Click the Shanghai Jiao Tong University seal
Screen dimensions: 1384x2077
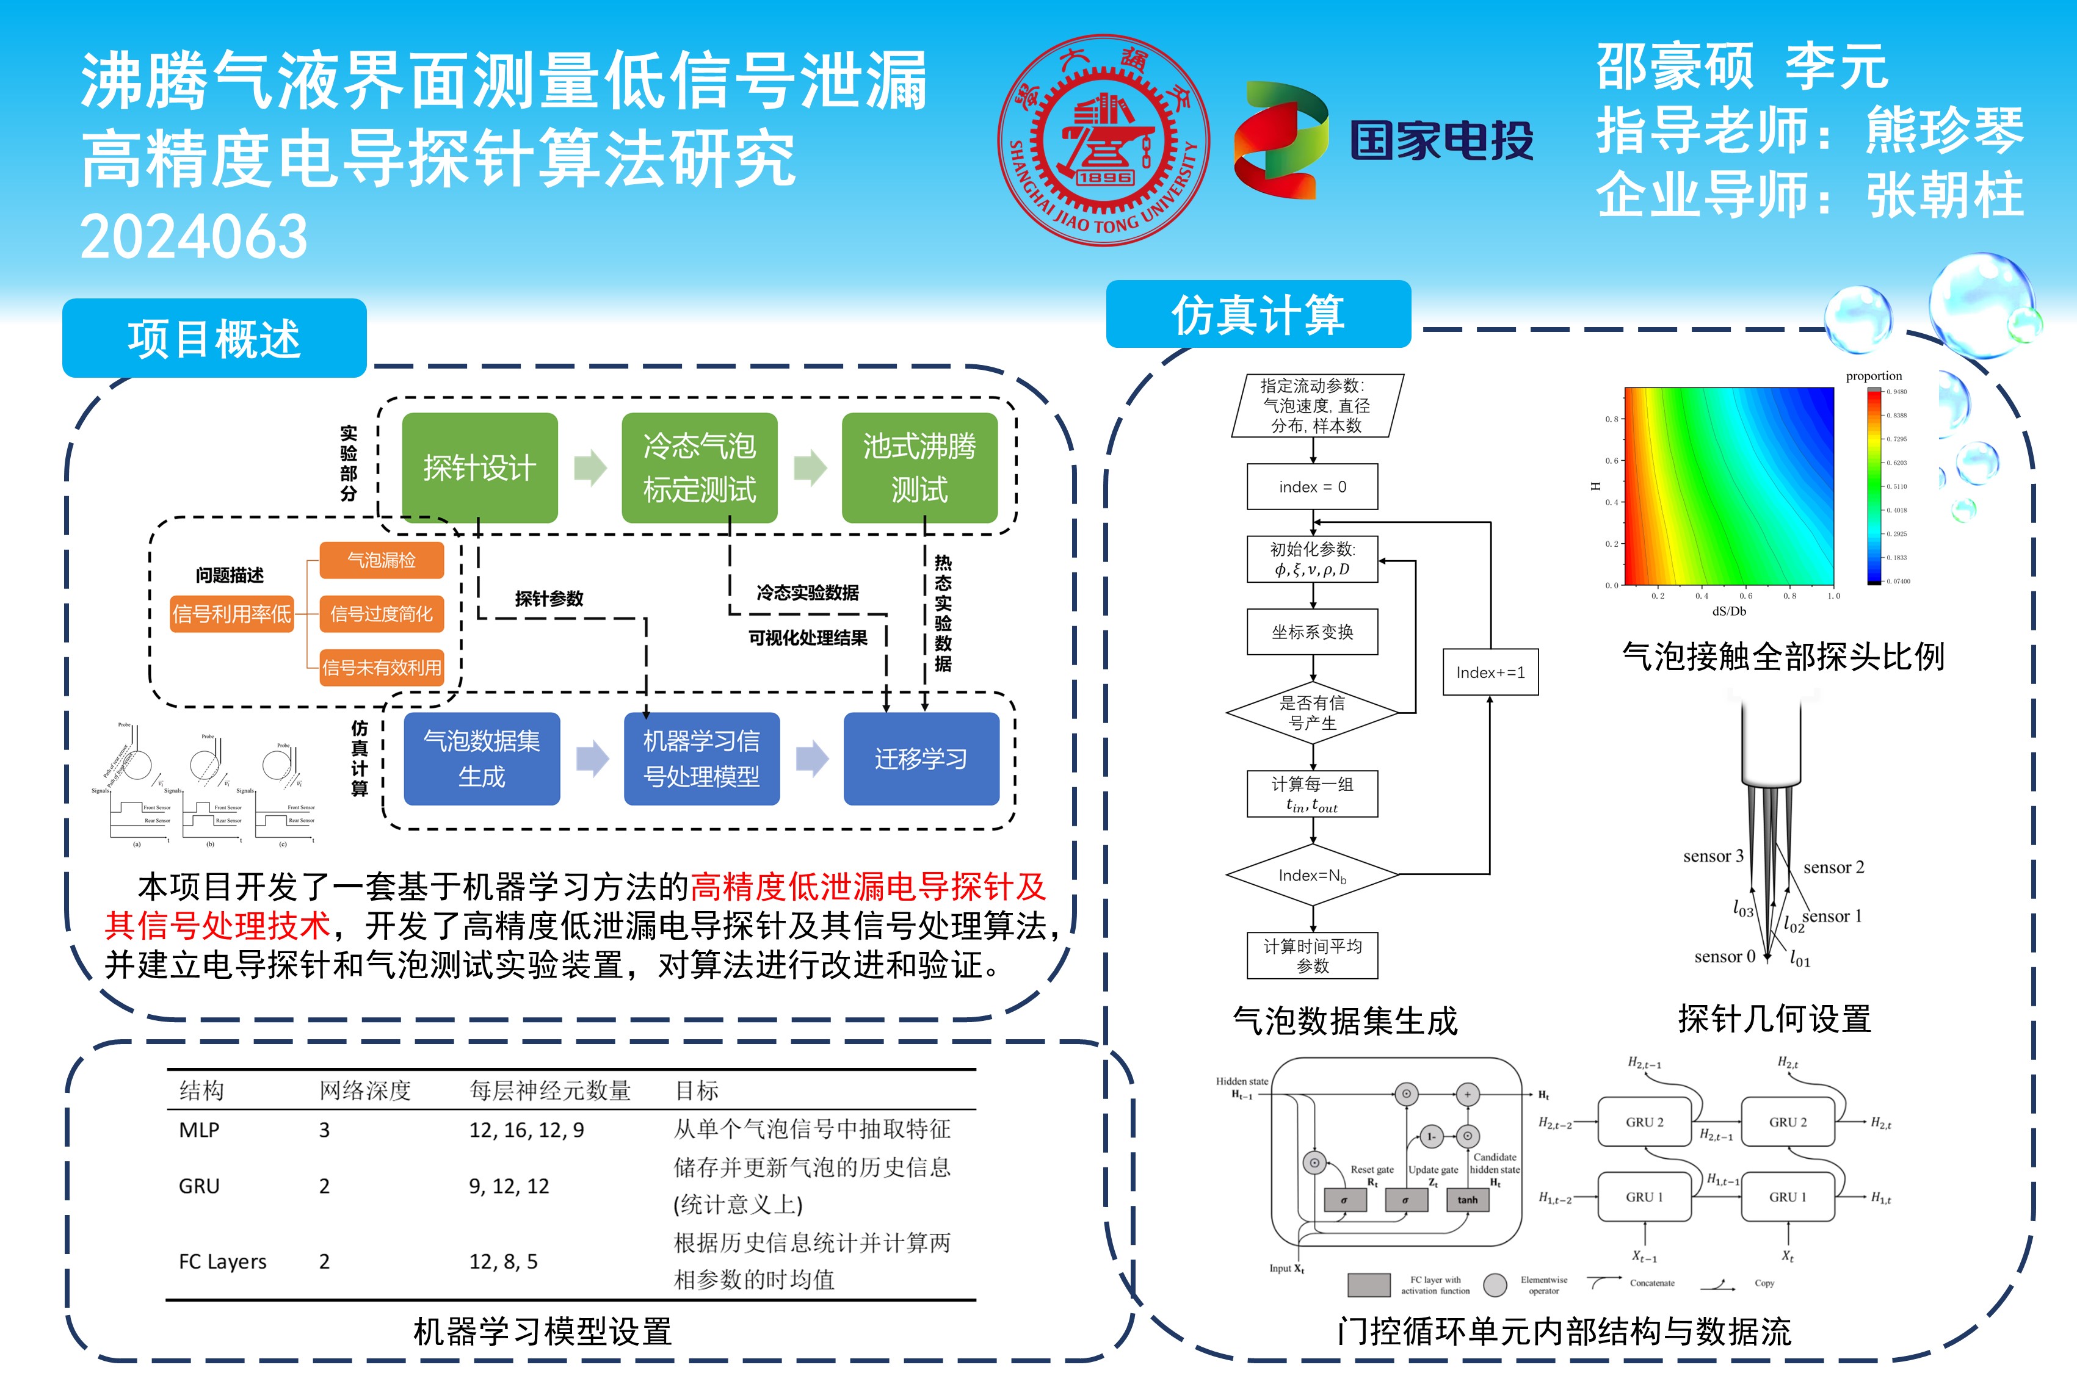pyautogui.click(x=1103, y=140)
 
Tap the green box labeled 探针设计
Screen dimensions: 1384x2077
pyautogui.click(x=479, y=468)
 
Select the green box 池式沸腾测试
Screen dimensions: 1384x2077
pyautogui.click(x=919, y=468)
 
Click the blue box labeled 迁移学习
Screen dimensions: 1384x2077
pyautogui.click(x=921, y=759)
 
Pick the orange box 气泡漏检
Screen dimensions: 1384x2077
pyautogui.click(x=382, y=560)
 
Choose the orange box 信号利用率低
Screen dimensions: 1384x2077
pyautogui.click(x=231, y=613)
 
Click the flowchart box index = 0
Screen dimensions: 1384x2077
pyautogui.click(x=1312, y=487)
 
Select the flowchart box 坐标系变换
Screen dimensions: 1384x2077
pyautogui.click(x=1312, y=632)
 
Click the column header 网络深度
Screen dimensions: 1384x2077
pyautogui.click(x=364, y=1091)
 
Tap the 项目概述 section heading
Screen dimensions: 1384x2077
pyautogui.click(x=214, y=339)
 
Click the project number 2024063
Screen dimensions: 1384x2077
pyautogui.click(x=194, y=237)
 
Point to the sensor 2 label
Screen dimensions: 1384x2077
pyautogui.click(x=1833, y=868)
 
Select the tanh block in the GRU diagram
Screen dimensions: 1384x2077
pyautogui.click(x=1468, y=1200)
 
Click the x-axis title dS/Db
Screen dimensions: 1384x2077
pyautogui.click(x=1729, y=611)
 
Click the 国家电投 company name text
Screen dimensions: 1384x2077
pyautogui.click(x=1441, y=141)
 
